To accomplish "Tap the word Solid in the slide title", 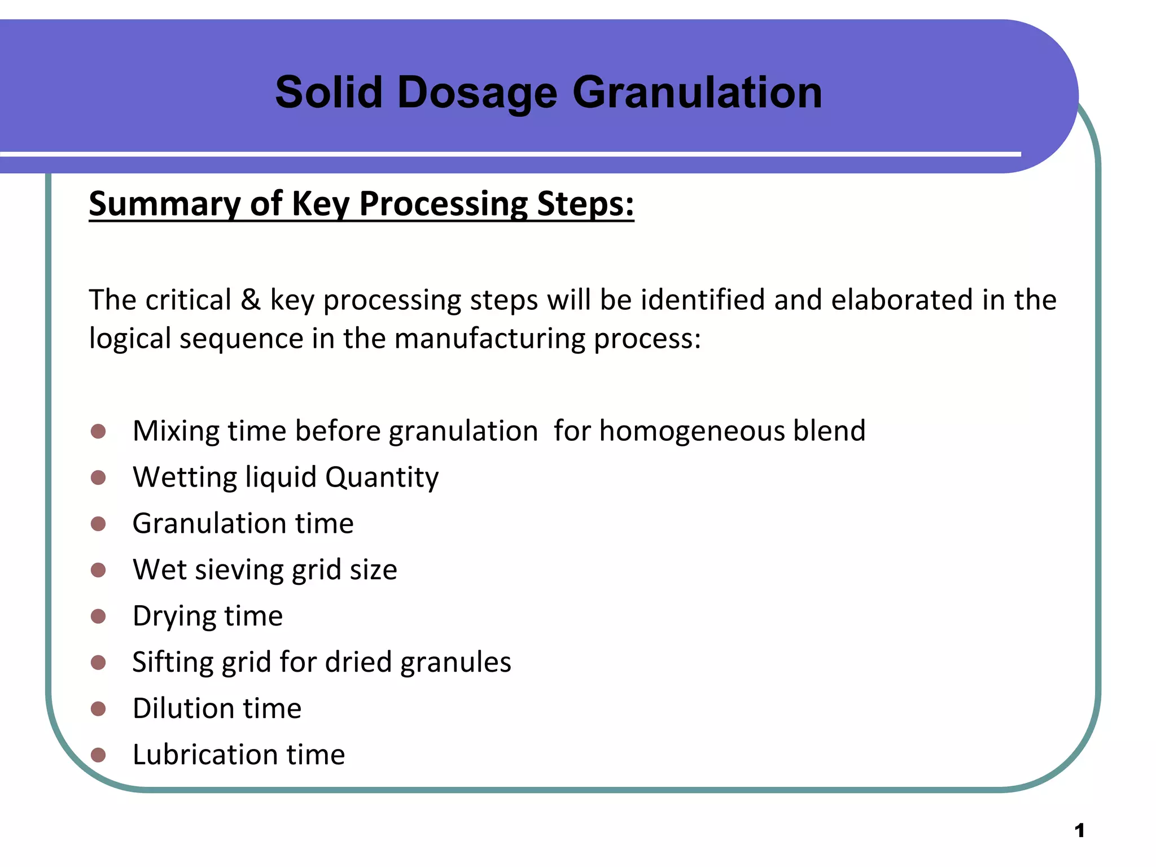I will (329, 92).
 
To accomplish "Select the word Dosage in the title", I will (477, 93).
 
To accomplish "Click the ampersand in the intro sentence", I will (251, 300).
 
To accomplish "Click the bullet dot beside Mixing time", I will (98, 432).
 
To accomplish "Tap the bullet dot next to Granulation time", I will (98, 524).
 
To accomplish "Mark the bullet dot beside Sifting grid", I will (98, 662).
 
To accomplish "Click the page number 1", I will (1079, 830).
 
